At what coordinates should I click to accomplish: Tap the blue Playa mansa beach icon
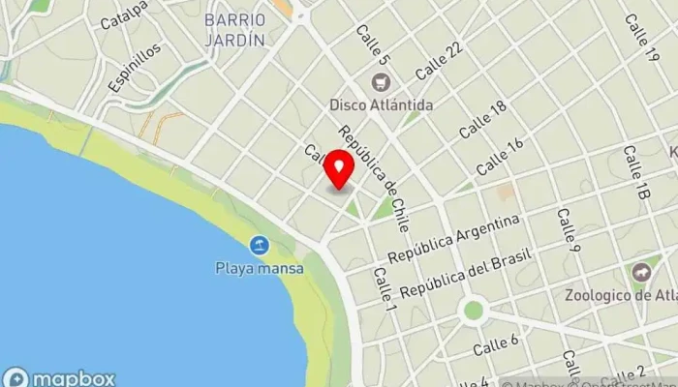[x=258, y=246]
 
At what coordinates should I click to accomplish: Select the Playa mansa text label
[x=259, y=268]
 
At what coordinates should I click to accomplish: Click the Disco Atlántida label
[x=381, y=104]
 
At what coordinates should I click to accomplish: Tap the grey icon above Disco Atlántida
[x=381, y=81]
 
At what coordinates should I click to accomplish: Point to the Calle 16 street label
[x=500, y=155]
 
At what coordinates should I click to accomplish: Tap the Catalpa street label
[x=124, y=15]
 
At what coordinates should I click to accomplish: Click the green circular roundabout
[x=473, y=311]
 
